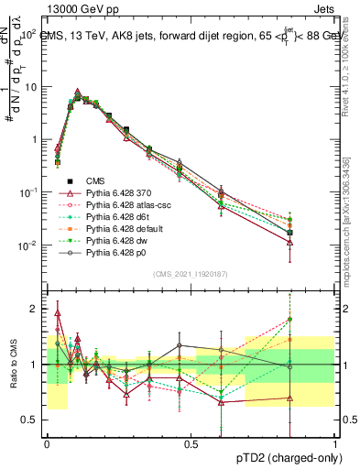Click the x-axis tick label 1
pos(334,443)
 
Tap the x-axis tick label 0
pos(47,443)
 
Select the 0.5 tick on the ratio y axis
pos(31,420)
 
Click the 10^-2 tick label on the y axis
pos(27,245)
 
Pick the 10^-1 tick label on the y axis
pos(27,192)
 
